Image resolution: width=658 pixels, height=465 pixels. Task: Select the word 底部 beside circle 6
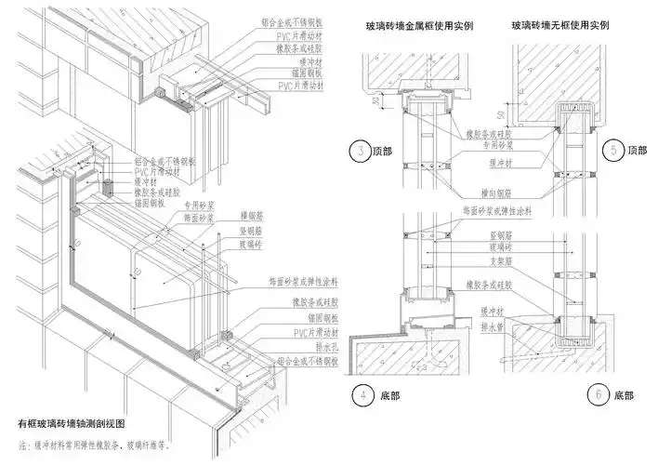pyautogui.click(x=624, y=395)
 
